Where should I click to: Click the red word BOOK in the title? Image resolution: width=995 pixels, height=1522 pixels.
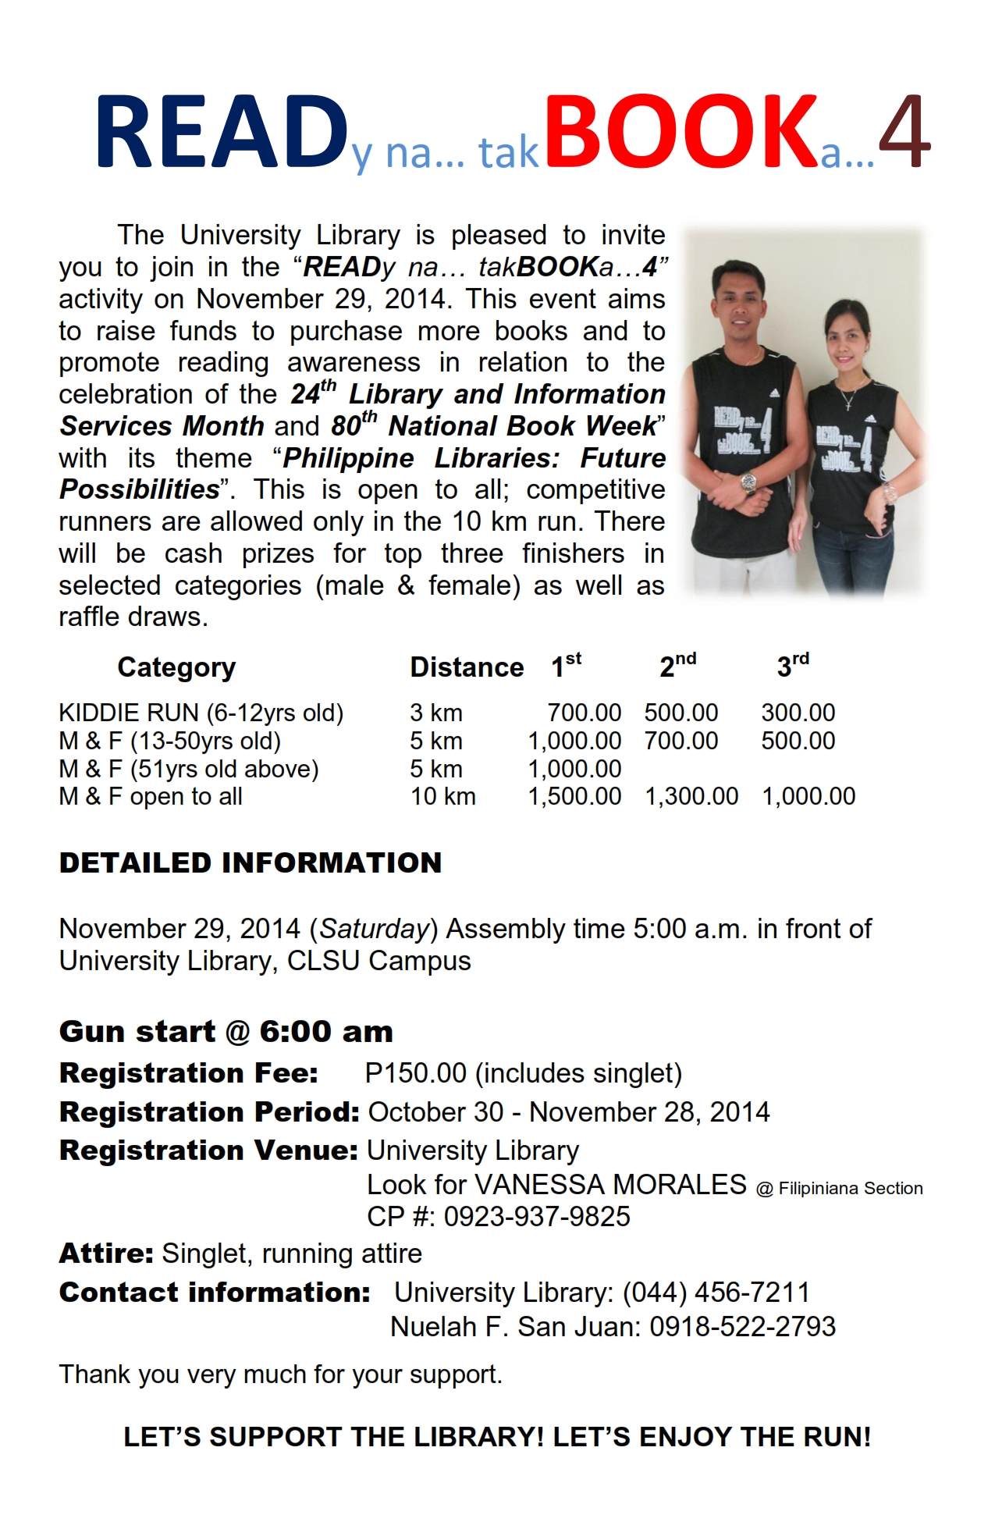pyautogui.click(x=682, y=131)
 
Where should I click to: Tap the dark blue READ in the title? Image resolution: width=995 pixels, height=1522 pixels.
pyautogui.click(x=222, y=131)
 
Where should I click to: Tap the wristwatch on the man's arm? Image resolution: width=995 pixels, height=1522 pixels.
pyautogui.click(x=748, y=482)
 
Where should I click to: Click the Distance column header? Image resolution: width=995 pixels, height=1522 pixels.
pyautogui.click(x=467, y=667)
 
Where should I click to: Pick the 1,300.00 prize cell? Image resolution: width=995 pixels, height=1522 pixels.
pyautogui.click(x=691, y=796)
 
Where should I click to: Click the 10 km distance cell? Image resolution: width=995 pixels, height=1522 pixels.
pyautogui.click(x=442, y=796)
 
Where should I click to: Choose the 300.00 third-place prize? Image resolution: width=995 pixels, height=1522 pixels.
pyautogui.click(x=798, y=713)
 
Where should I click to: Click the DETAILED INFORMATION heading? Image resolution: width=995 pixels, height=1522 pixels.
pyautogui.click(x=251, y=863)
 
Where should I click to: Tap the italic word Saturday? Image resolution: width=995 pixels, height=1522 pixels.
pyautogui.click(x=375, y=929)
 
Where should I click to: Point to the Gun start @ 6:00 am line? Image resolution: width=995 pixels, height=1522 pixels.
pyautogui.click(x=226, y=1032)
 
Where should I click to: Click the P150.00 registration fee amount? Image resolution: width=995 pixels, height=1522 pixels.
pyautogui.click(x=415, y=1073)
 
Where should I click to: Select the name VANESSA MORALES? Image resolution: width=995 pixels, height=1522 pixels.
pyautogui.click(x=610, y=1185)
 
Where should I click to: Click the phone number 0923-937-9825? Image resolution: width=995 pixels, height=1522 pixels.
pyautogui.click(x=537, y=1216)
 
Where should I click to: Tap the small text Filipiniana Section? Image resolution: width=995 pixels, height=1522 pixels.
pyautogui.click(x=850, y=1189)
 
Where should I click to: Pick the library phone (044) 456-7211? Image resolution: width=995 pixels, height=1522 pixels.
pyautogui.click(x=716, y=1293)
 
